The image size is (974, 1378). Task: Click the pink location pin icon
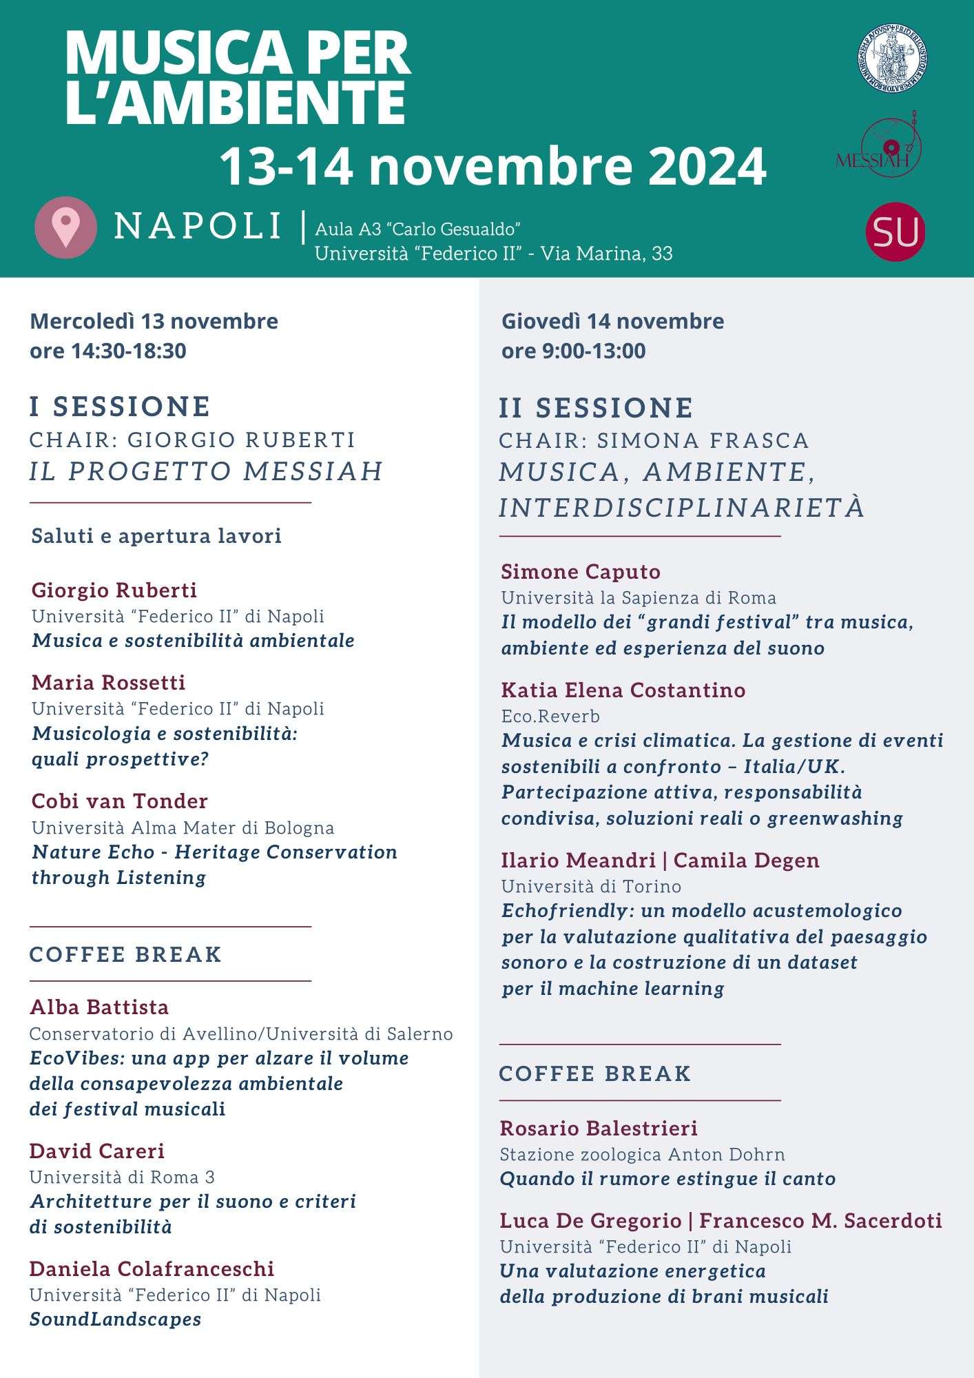(65, 227)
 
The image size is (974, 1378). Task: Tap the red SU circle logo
(895, 232)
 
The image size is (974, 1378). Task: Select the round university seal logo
(891, 59)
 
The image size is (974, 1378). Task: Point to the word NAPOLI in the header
(198, 226)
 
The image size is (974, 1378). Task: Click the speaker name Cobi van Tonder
(120, 801)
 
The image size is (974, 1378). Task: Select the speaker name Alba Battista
(99, 1007)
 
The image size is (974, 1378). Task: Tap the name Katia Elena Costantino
(623, 690)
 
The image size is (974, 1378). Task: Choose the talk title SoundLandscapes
(116, 1319)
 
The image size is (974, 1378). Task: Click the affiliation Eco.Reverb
(550, 717)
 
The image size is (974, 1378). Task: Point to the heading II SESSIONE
(596, 408)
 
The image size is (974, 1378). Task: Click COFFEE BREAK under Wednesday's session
(125, 954)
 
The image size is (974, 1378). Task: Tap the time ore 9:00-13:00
(574, 351)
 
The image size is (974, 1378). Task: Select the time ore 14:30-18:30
(108, 351)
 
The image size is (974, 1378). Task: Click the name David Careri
(97, 1151)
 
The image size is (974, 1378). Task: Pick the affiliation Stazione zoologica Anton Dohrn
(642, 1155)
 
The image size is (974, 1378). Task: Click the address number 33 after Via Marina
(662, 254)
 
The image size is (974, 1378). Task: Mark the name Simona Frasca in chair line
(703, 440)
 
